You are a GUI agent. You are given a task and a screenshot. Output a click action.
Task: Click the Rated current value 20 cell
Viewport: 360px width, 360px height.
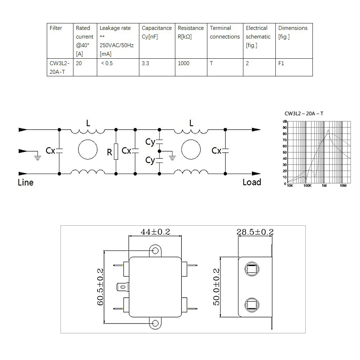coord(85,67)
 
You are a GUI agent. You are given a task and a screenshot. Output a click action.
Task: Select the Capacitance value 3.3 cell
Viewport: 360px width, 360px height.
coord(157,67)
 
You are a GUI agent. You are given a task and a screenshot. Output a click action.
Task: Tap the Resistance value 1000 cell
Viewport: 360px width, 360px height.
coord(191,67)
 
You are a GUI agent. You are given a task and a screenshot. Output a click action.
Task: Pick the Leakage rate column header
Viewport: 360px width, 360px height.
coord(118,41)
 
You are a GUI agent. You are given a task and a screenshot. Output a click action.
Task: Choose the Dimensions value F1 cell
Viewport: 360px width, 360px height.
coord(294,67)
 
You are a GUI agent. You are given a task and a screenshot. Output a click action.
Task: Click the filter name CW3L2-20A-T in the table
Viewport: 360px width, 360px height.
coord(60,68)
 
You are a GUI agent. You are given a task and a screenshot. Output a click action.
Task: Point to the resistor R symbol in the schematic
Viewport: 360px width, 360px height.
coord(116,152)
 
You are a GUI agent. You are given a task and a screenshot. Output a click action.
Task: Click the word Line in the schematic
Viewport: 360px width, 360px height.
coord(26,183)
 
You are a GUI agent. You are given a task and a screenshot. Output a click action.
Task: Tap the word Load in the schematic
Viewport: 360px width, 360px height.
coord(252,182)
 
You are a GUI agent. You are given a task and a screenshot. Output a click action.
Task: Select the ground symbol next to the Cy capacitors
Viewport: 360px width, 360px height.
coord(172,157)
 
